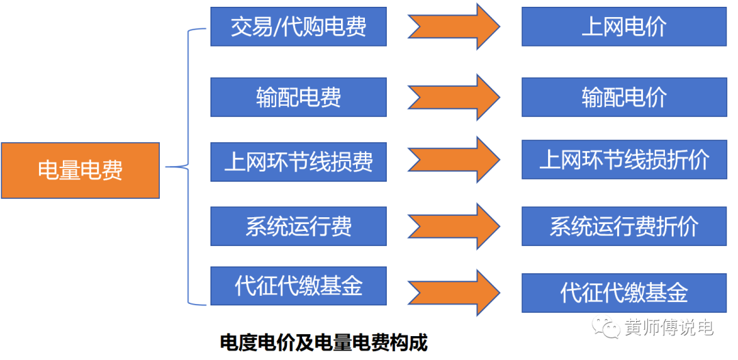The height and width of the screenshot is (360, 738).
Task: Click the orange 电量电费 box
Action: tap(80, 170)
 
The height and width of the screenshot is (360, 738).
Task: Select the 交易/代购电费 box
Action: tap(298, 27)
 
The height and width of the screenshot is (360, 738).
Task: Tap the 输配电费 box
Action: tap(298, 97)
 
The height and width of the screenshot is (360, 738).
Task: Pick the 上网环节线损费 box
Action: tap(298, 162)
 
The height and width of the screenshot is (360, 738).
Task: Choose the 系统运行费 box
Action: tap(298, 226)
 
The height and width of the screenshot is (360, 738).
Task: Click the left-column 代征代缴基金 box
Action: tap(298, 286)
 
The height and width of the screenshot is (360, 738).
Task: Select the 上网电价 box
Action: tap(623, 27)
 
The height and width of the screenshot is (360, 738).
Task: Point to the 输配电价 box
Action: tap(623, 97)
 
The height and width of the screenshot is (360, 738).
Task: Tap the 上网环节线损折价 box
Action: tap(623, 160)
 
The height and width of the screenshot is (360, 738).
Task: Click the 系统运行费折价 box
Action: tap(623, 226)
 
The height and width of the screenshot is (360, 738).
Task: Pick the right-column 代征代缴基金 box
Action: tap(623, 293)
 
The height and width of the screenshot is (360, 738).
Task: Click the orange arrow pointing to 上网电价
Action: tap(454, 27)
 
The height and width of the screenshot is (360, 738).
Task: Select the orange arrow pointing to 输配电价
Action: tap(454, 97)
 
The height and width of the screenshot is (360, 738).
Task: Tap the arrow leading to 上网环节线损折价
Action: tap(454, 160)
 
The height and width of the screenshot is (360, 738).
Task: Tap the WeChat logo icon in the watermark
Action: tap(607, 328)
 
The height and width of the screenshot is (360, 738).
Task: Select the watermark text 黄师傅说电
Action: tap(669, 328)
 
